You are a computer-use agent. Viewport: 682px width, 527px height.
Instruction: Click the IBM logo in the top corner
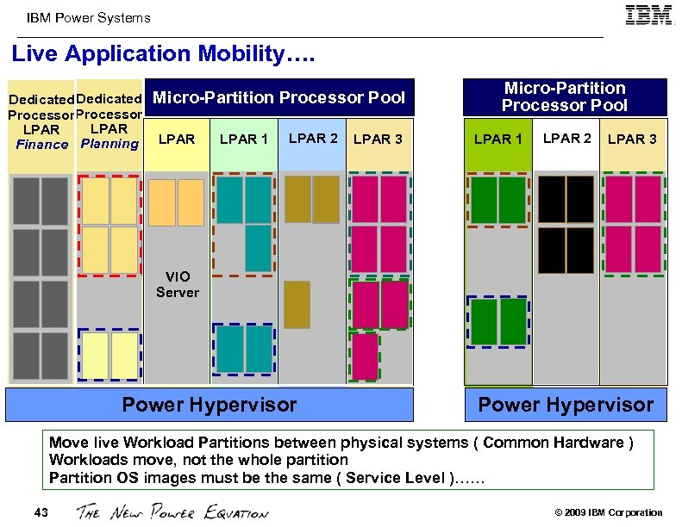pyautogui.click(x=649, y=15)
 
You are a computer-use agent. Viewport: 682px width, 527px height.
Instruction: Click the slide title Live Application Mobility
pyautogui.click(x=163, y=54)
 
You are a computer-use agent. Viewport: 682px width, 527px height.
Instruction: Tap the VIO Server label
pyautogui.click(x=178, y=284)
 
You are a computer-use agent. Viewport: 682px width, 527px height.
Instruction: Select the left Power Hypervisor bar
pyautogui.click(x=209, y=405)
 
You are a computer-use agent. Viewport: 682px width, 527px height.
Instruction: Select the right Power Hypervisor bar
pyautogui.click(x=566, y=405)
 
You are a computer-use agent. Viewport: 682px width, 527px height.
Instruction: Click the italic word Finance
pyautogui.click(x=41, y=145)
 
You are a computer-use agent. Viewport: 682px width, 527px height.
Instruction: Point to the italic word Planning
pyautogui.click(x=109, y=144)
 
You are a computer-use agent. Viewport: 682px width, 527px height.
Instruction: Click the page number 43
pyautogui.click(x=41, y=512)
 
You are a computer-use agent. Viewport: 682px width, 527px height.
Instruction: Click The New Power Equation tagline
pyautogui.click(x=172, y=512)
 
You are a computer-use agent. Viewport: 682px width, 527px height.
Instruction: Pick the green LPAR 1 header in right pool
pyautogui.click(x=498, y=139)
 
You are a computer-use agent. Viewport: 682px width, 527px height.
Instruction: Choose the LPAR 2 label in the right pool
pyautogui.click(x=566, y=139)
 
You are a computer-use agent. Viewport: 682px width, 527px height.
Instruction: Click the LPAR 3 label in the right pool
pyautogui.click(x=632, y=139)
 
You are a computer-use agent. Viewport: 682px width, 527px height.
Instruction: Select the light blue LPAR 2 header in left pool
pyautogui.click(x=312, y=139)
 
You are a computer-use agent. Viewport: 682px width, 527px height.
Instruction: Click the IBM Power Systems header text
pyautogui.click(x=89, y=17)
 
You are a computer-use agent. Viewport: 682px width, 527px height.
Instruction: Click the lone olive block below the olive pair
pyautogui.click(x=297, y=304)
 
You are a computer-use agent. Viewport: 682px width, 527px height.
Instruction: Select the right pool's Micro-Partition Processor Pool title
pyautogui.click(x=565, y=96)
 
